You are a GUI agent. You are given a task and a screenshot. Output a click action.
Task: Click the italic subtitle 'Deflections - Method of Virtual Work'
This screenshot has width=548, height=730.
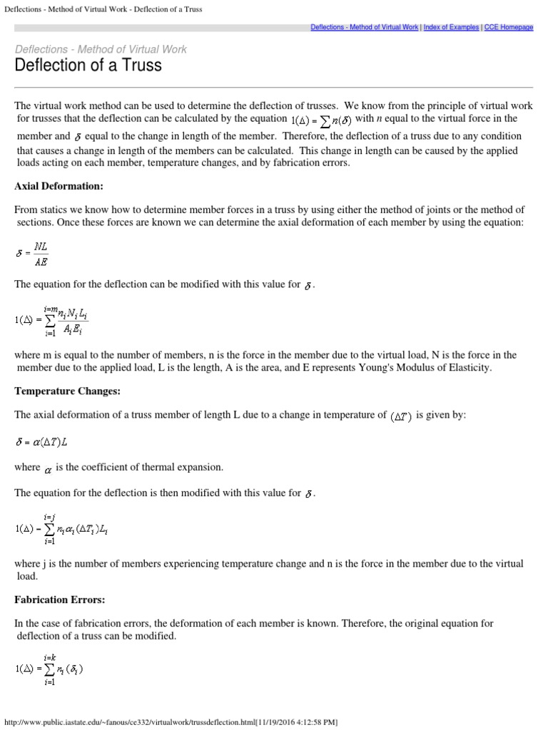click(101, 49)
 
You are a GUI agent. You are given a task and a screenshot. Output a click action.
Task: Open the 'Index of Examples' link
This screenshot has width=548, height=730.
click(452, 27)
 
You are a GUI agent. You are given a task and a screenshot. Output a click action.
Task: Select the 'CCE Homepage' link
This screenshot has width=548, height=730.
click(509, 27)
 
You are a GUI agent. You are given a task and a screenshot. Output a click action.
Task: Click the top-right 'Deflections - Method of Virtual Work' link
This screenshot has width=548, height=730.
click(365, 27)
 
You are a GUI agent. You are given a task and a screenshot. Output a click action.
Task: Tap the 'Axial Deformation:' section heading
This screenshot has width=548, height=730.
click(59, 186)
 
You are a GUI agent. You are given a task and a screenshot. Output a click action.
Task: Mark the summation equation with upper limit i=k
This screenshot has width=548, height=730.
click(49, 668)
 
